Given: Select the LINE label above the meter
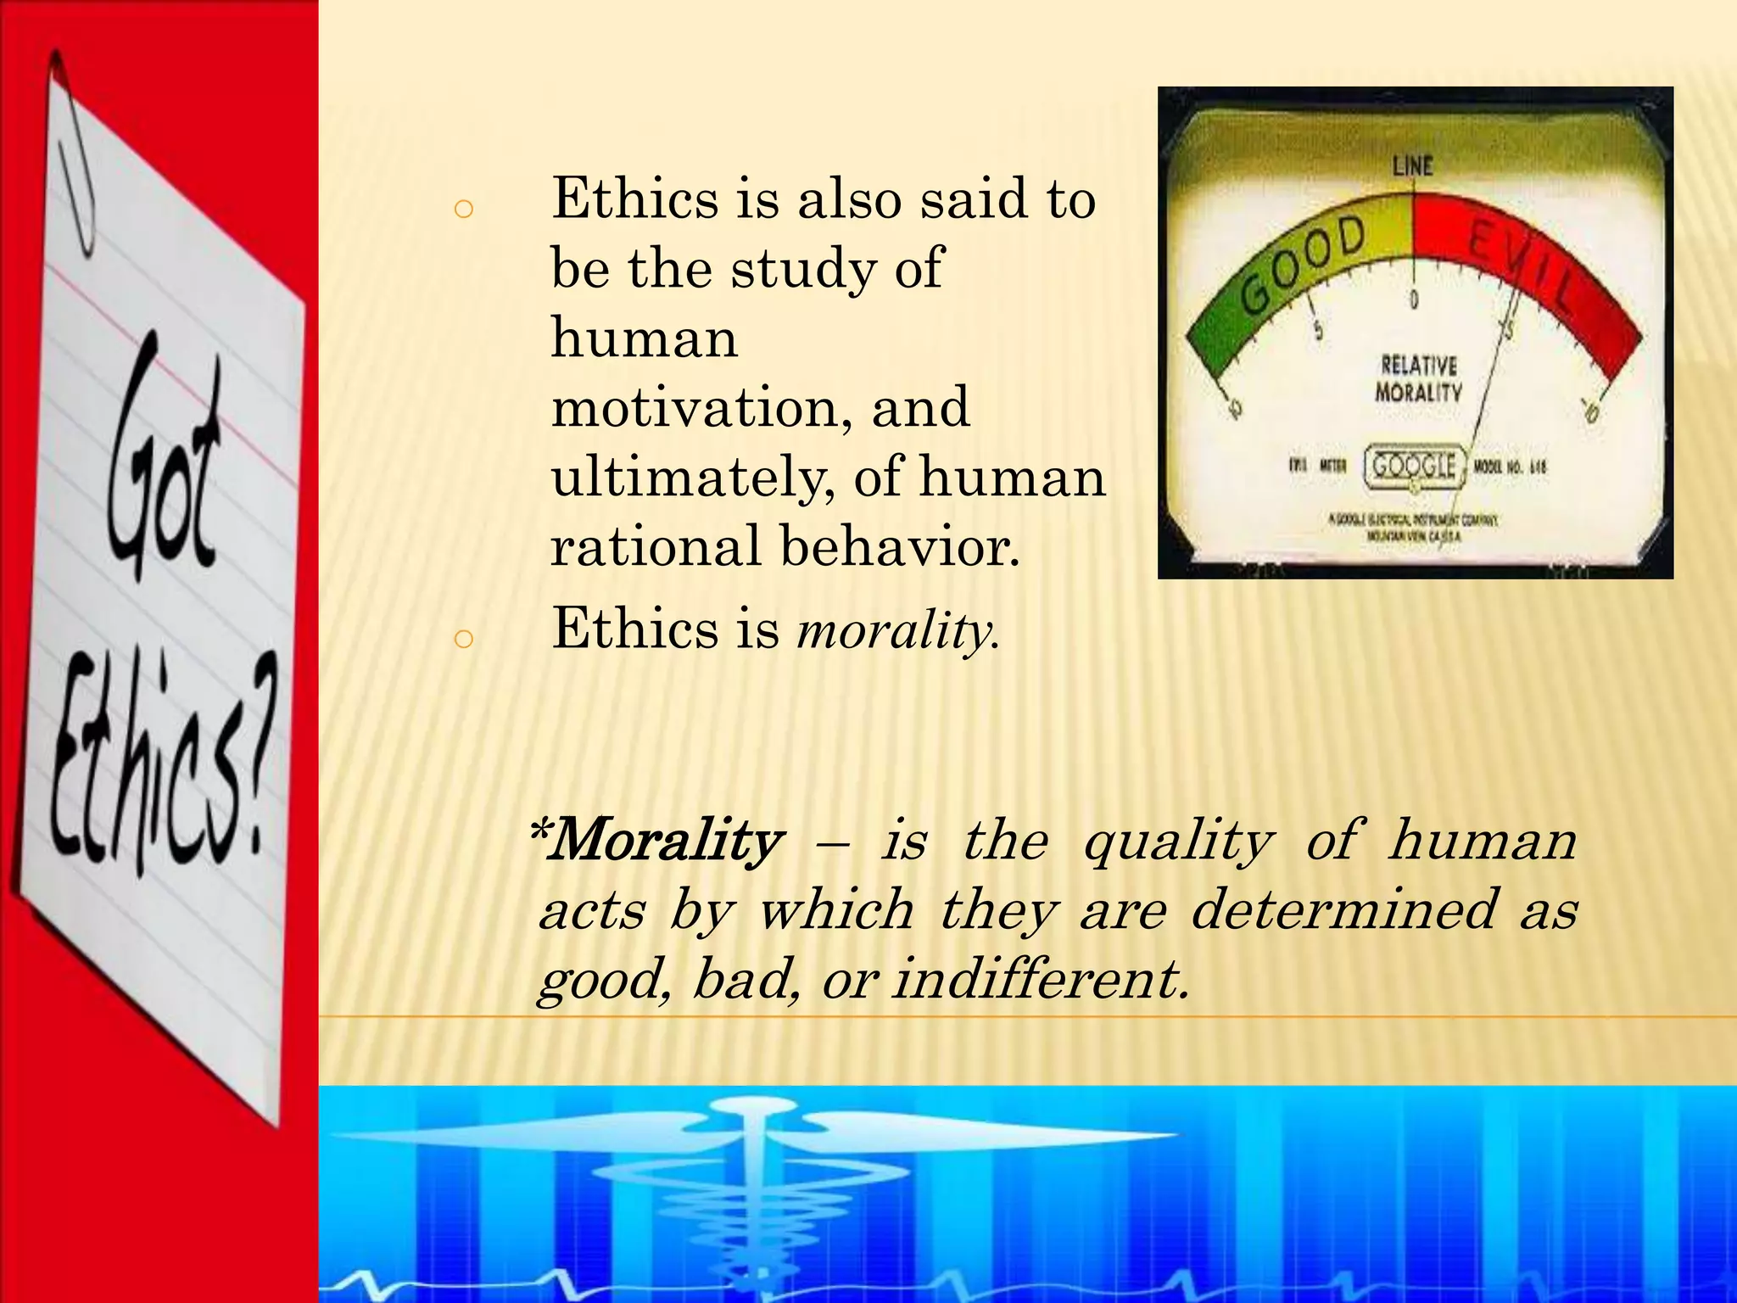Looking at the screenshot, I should point(1412,165).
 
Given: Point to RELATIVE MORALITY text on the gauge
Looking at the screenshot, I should point(1418,378).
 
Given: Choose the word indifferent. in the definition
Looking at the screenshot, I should point(1041,979).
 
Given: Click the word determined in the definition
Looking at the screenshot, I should point(1343,909).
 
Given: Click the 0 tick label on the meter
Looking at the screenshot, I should point(1414,299).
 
